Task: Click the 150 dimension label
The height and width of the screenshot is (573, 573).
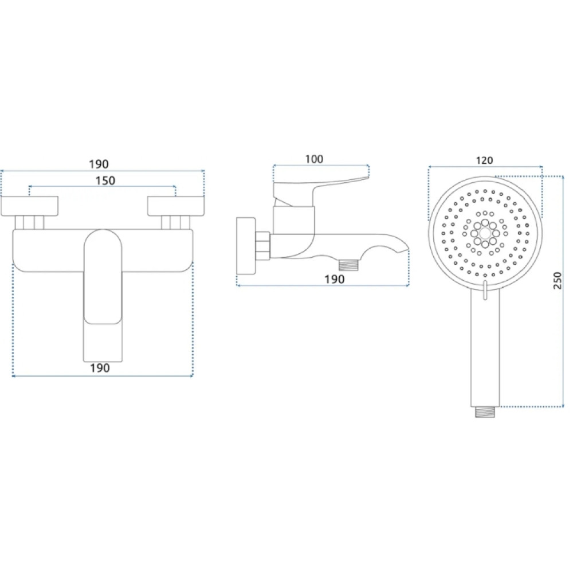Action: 105,180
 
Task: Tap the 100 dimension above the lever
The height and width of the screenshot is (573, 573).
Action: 314,159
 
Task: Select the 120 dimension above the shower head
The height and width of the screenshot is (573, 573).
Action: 485,160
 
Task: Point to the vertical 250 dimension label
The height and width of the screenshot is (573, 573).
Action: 558,281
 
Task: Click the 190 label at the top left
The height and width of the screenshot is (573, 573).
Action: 99,164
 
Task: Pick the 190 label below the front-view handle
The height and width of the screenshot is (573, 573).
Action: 100,368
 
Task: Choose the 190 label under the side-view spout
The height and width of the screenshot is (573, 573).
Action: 335,279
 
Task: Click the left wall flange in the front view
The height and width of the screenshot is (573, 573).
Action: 30,206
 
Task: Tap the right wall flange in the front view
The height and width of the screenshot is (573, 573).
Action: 176,206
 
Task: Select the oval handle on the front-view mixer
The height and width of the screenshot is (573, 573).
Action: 103,277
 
